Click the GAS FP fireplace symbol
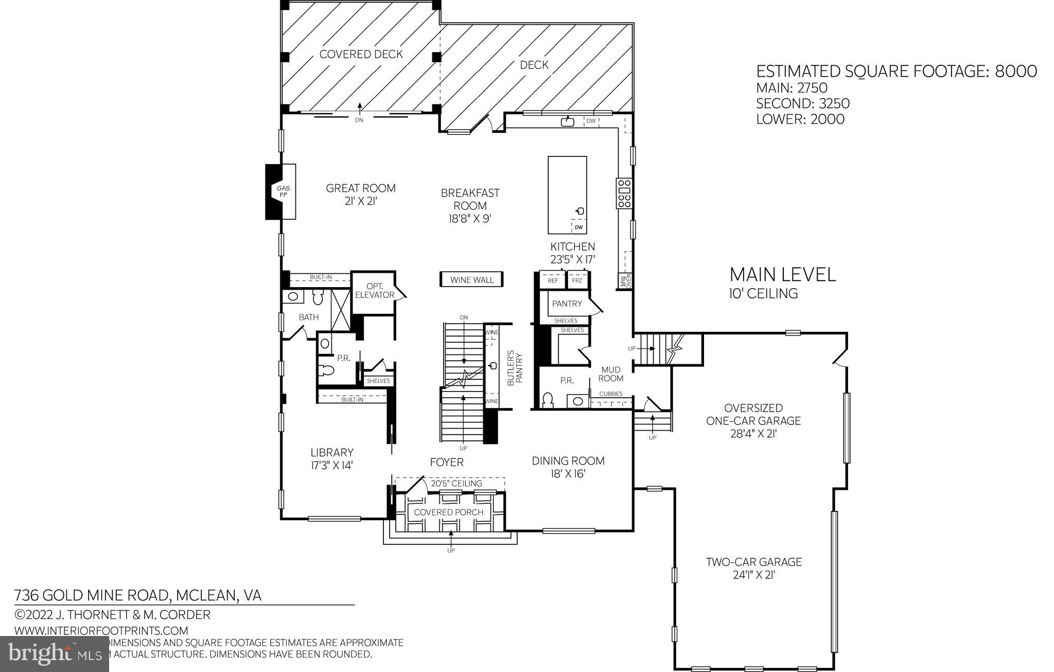click(280, 191)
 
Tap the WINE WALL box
click(471, 280)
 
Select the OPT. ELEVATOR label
click(374, 291)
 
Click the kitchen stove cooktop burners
click(624, 193)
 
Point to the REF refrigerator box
click(553, 280)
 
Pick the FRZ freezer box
click(577, 280)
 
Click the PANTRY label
click(567, 304)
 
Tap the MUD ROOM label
click(611, 374)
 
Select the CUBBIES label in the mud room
click(611, 394)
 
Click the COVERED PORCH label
click(448, 512)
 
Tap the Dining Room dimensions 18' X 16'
click(568, 474)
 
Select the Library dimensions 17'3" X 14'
click(332, 465)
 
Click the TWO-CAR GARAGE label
click(753, 562)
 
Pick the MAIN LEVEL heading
click(782, 274)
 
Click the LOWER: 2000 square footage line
click(800, 119)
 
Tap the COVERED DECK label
click(361, 55)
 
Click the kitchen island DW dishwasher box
click(578, 227)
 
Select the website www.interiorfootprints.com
click(101, 630)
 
